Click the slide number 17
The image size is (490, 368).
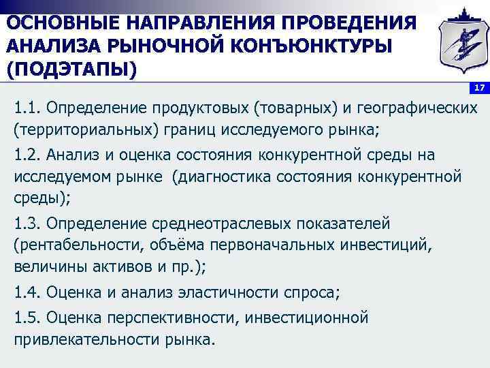click(479, 89)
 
